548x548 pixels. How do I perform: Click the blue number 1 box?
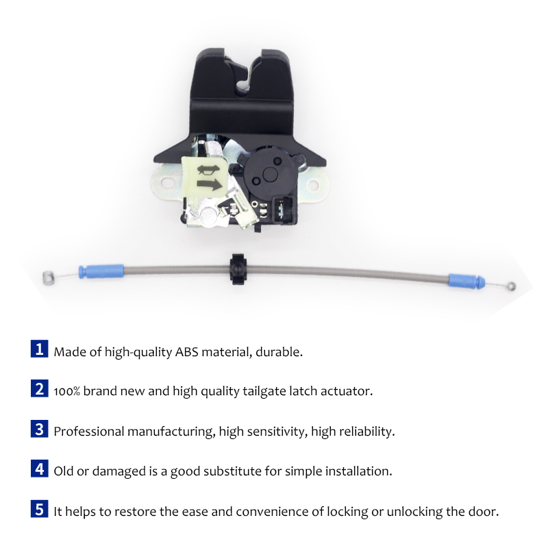(40, 350)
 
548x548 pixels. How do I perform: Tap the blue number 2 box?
(40, 390)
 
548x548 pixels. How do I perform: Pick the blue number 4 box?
(40, 470)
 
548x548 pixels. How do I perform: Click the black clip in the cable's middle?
(236, 268)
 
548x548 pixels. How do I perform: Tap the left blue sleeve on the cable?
(101, 271)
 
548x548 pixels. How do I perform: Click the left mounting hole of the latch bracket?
(164, 182)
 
